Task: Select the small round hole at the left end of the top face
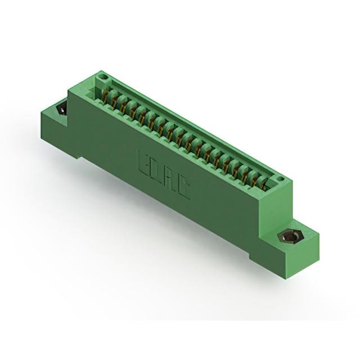pyautogui.click(x=102, y=77)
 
